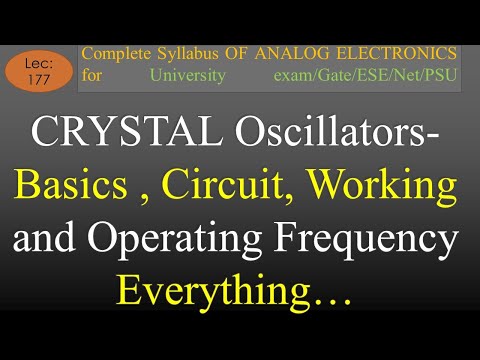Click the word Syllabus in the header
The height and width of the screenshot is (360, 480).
[193, 53]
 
